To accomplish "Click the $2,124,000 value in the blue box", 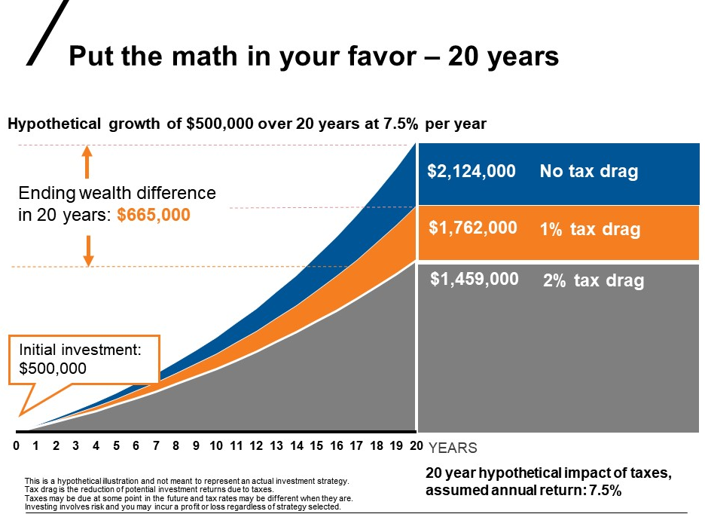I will pos(472,172).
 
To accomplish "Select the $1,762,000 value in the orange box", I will pos(473,228).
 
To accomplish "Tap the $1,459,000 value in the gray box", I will pos(475,280).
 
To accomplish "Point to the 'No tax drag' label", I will pos(588,172).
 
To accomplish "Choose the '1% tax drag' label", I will pos(590,229).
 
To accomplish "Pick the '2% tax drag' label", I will pos(594,281).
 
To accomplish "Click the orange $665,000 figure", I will pos(154,216).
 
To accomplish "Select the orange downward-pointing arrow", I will pos(88,250).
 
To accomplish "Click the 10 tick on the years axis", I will pos(216,446).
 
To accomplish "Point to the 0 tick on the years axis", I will pos(16,446).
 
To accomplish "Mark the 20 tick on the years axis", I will pos(416,446).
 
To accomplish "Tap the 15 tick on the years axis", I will pos(316,446).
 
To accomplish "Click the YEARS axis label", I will pos(453,448).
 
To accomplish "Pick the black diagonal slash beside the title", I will pos(47,32).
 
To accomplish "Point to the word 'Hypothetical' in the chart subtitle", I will pos(53,124).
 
